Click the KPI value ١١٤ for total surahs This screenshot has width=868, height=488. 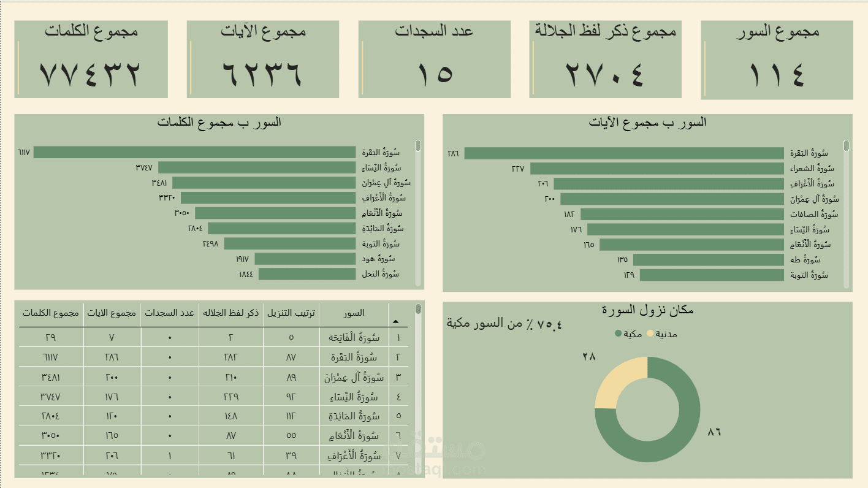point(777,73)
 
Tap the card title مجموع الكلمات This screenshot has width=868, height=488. point(91,31)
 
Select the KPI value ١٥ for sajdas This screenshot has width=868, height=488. point(435,73)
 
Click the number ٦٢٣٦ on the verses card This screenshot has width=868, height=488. point(262,73)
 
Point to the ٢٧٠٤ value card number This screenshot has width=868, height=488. point(605,73)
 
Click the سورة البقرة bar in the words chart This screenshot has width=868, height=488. point(194,152)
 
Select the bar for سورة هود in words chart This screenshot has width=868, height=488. point(305,259)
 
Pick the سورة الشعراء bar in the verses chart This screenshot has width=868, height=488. point(657,169)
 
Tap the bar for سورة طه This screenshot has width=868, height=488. point(708,260)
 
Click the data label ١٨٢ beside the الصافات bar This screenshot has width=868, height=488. point(569,215)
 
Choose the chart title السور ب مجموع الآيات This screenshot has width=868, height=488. point(647,123)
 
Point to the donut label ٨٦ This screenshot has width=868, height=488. point(714,432)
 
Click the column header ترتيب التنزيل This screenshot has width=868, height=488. point(292,313)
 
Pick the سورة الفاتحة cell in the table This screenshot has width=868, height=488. point(354,337)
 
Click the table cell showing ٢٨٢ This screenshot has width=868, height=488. point(230,357)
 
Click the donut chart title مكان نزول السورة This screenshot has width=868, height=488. point(647,310)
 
